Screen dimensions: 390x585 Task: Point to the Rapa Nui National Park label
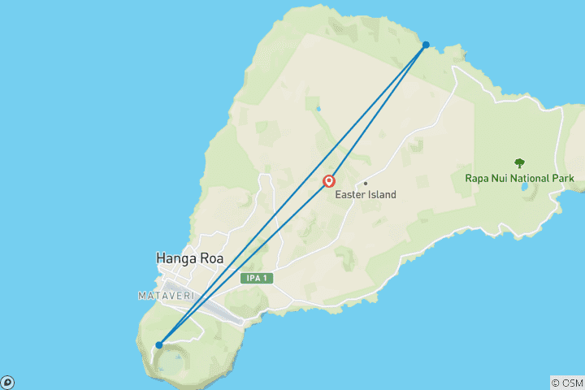(519, 178)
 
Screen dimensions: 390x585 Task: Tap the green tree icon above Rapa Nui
(519, 163)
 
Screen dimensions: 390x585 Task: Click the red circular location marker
(329, 182)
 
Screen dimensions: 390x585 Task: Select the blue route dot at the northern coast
(426, 45)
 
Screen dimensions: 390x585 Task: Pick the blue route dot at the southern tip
(159, 345)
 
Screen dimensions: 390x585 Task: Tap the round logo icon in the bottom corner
(7, 382)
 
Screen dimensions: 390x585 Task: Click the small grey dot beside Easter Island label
(366, 183)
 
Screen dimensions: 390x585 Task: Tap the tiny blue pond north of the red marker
(318, 108)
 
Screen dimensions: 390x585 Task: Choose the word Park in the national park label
(562, 178)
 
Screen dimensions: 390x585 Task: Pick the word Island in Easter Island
(381, 194)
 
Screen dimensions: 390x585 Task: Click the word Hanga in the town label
(175, 258)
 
